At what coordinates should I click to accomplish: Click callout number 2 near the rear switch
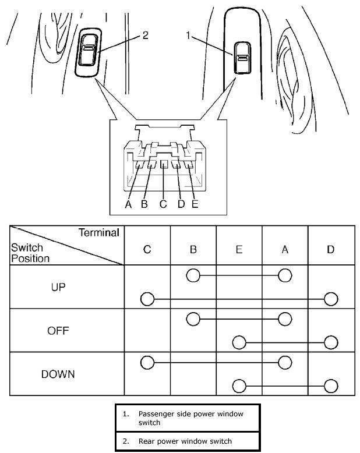(x=145, y=36)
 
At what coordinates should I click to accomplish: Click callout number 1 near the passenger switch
(x=189, y=36)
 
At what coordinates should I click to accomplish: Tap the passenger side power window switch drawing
(x=242, y=57)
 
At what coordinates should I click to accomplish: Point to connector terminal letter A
(x=128, y=204)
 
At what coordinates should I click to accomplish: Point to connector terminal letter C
(x=163, y=204)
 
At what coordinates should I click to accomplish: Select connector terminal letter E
(x=195, y=204)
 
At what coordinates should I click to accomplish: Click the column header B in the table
(x=193, y=249)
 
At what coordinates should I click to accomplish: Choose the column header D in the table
(x=331, y=249)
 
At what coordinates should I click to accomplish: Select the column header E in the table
(x=239, y=249)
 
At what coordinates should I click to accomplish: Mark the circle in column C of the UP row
(x=147, y=299)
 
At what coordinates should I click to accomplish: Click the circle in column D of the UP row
(x=331, y=299)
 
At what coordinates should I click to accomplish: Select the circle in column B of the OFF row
(x=193, y=318)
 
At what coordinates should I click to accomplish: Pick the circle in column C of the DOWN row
(x=147, y=363)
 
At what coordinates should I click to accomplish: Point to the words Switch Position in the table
(x=30, y=253)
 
